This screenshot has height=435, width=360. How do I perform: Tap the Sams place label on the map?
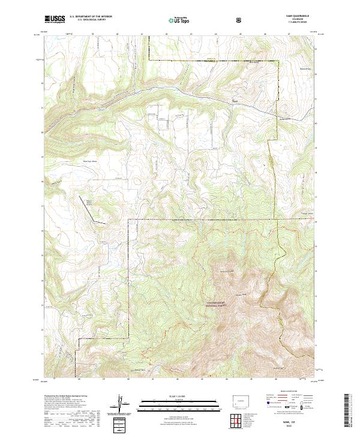click(235, 100)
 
